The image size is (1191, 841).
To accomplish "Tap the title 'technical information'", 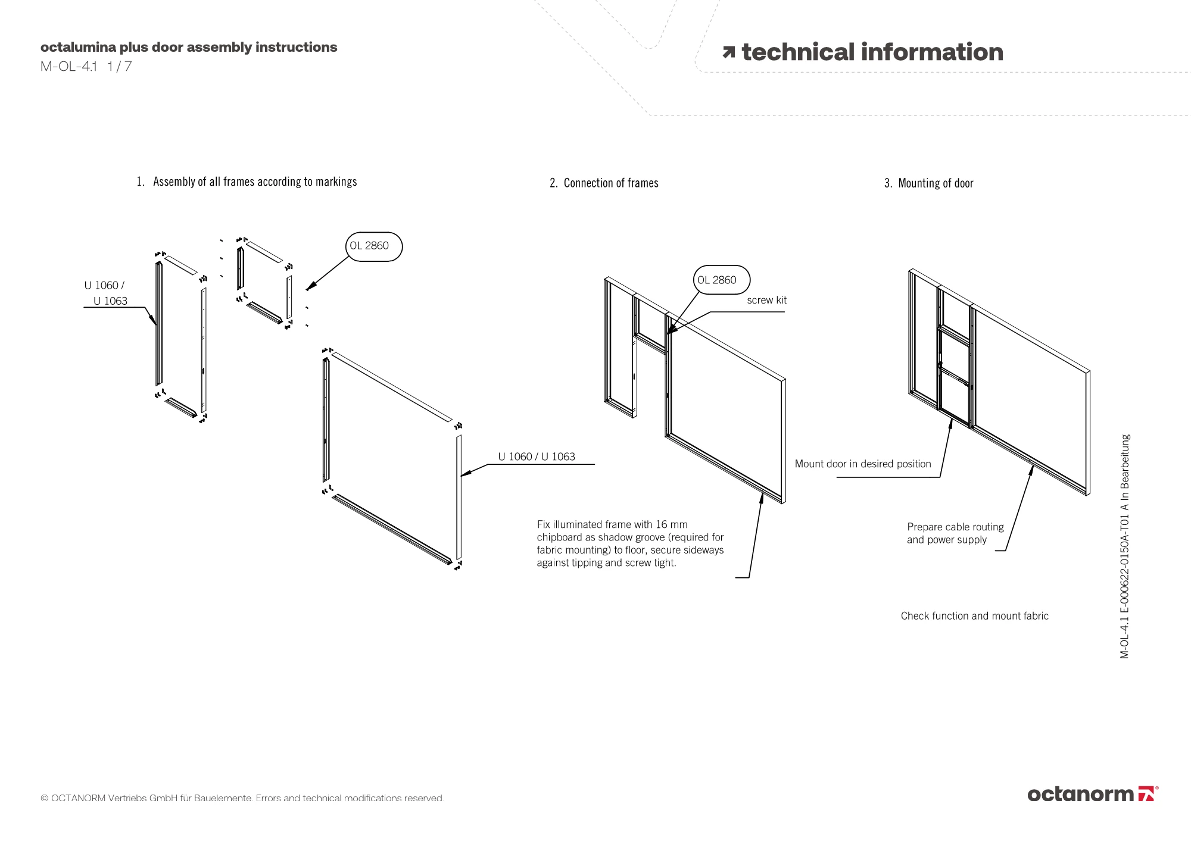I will tap(872, 52).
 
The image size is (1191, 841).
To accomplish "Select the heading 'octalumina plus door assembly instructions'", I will tap(189, 47).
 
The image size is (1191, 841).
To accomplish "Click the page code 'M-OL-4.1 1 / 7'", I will tap(86, 67).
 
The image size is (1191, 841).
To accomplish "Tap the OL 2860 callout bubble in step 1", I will tap(373, 246).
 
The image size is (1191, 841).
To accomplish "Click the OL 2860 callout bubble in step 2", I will tap(721, 280).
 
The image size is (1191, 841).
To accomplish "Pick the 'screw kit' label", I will tap(766, 301).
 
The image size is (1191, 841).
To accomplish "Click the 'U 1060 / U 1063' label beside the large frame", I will tap(537, 457).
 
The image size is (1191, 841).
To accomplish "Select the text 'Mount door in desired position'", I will tap(863, 464).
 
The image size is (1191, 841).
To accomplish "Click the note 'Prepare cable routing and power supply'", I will tap(955, 533).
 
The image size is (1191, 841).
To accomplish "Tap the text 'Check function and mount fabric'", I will tap(974, 616).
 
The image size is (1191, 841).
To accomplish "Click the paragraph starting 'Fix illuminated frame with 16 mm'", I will tap(630, 543).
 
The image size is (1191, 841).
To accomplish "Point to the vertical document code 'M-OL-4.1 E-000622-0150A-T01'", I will tap(1124, 546).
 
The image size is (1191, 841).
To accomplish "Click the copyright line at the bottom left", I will tap(242, 798).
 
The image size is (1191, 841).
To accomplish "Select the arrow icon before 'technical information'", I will tap(728, 53).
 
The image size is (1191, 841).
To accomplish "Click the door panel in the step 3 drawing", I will tap(955, 369).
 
